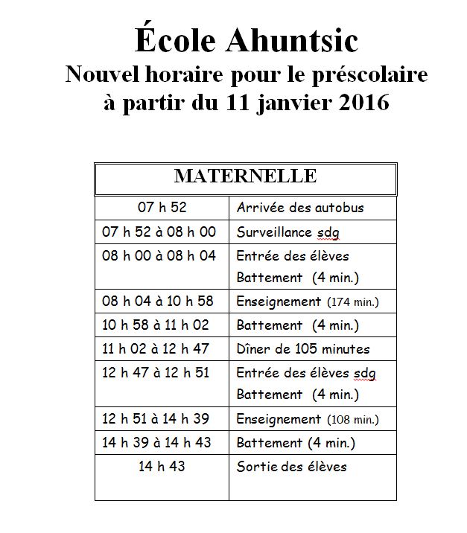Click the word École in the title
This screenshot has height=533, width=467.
[169, 40]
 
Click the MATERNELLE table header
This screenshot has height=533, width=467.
[245, 176]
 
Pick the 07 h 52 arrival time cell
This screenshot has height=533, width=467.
[162, 207]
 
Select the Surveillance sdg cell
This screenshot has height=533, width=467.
[287, 232]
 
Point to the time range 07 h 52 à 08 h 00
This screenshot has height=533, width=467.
[159, 232]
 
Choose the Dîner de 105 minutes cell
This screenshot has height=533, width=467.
[302, 348]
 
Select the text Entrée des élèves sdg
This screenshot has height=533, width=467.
[306, 373]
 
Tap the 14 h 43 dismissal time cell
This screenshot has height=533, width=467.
[162, 467]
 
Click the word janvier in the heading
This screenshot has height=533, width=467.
[282, 102]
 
